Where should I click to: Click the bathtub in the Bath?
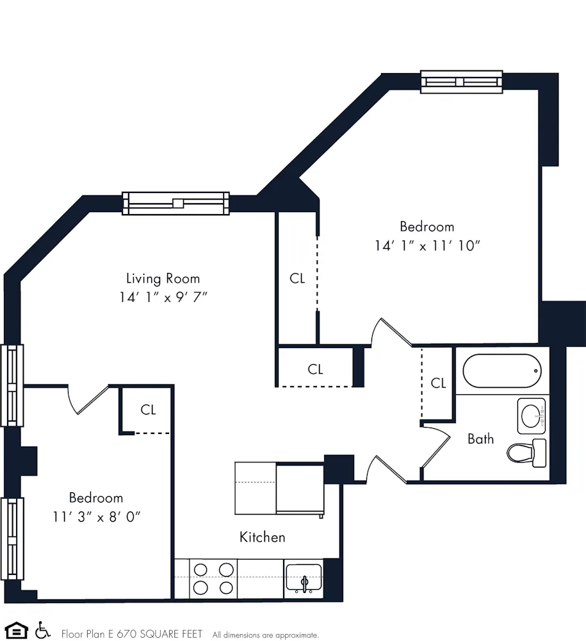click(x=502, y=371)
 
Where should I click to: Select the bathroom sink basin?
click(x=531, y=416)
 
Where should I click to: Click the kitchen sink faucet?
click(x=305, y=583)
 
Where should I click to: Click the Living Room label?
click(x=163, y=279)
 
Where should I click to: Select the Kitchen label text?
click(x=262, y=537)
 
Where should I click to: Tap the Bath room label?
click(x=480, y=439)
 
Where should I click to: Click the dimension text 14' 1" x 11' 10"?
click(x=427, y=246)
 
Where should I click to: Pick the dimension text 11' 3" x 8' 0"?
click(x=96, y=517)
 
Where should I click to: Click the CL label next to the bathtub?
click(x=438, y=383)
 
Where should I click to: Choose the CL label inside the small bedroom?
click(x=148, y=410)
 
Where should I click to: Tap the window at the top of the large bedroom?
click(x=461, y=82)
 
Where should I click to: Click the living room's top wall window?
click(x=175, y=203)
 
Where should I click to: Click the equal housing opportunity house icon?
click(x=17, y=631)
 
